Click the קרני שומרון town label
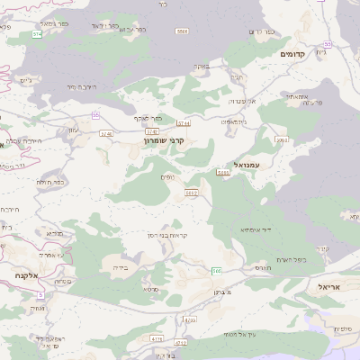coord(166,140)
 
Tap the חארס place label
coord(263,267)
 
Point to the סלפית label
coord(343,328)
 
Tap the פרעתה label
coord(311,103)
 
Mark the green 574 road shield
coord(37,33)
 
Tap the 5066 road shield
coord(182,31)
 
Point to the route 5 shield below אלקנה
coord(40,293)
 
